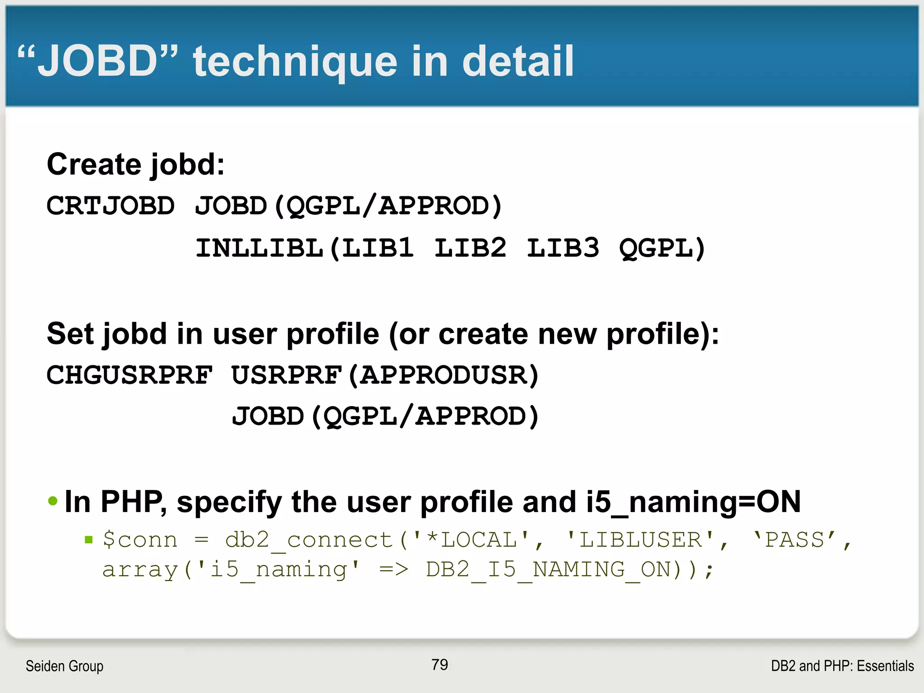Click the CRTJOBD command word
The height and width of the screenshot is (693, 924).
click(x=111, y=206)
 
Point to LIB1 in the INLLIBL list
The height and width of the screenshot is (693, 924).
click(x=378, y=248)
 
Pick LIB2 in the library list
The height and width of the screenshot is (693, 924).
click(x=470, y=248)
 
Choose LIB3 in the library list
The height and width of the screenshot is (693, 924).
click(x=563, y=248)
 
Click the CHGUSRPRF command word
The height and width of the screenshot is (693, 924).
click(x=129, y=375)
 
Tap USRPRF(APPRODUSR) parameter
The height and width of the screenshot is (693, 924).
click(x=385, y=375)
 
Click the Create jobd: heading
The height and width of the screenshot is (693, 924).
click(x=135, y=164)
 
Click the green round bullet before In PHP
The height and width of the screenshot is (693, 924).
click(x=53, y=501)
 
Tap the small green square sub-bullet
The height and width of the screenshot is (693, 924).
click(x=89, y=540)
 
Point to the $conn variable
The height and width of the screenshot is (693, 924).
click(x=140, y=540)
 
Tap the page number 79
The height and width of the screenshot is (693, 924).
click(x=439, y=665)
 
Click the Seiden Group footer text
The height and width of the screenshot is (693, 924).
click(x=65, y=666)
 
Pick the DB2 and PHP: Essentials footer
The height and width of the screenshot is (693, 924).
click(x=842, y=666)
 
